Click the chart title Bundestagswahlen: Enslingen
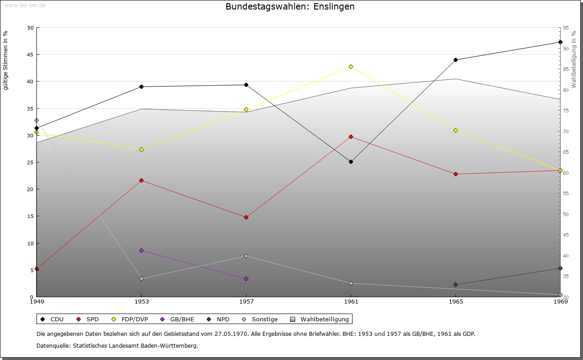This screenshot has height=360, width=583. [290, 7]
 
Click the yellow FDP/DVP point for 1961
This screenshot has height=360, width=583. [351, 67]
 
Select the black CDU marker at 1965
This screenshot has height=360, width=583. [455, 60]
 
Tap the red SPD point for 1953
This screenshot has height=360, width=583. [141, 181]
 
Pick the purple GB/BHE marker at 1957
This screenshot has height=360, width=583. [246, 279]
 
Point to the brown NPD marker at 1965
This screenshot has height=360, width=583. [455, 285]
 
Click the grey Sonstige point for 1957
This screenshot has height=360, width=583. [246, 256]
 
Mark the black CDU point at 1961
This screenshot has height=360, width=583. [351, 162]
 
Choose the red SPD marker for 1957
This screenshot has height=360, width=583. [246, 217]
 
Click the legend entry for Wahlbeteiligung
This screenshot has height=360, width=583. [324, 319]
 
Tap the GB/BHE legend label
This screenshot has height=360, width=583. [182, 319]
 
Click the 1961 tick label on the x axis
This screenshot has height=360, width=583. [351, 301]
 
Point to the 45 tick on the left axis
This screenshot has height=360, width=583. [30, 55]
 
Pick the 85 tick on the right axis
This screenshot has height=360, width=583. [566, 69]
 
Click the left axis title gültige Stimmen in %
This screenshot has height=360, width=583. [6, 60]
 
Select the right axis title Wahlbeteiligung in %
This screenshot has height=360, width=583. [573, 60]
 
